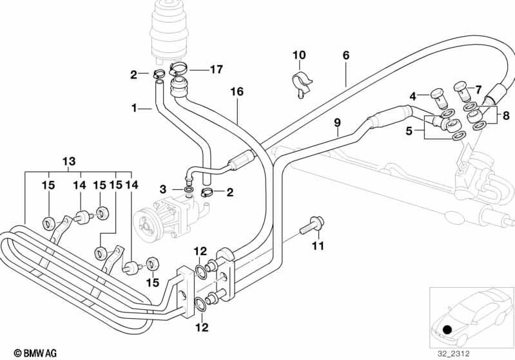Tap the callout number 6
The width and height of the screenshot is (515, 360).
tap(346, 55)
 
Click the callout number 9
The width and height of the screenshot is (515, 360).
tap(336, 122)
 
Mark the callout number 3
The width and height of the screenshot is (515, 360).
tap(164, 189)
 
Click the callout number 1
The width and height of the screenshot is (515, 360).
tap(135, 108)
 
